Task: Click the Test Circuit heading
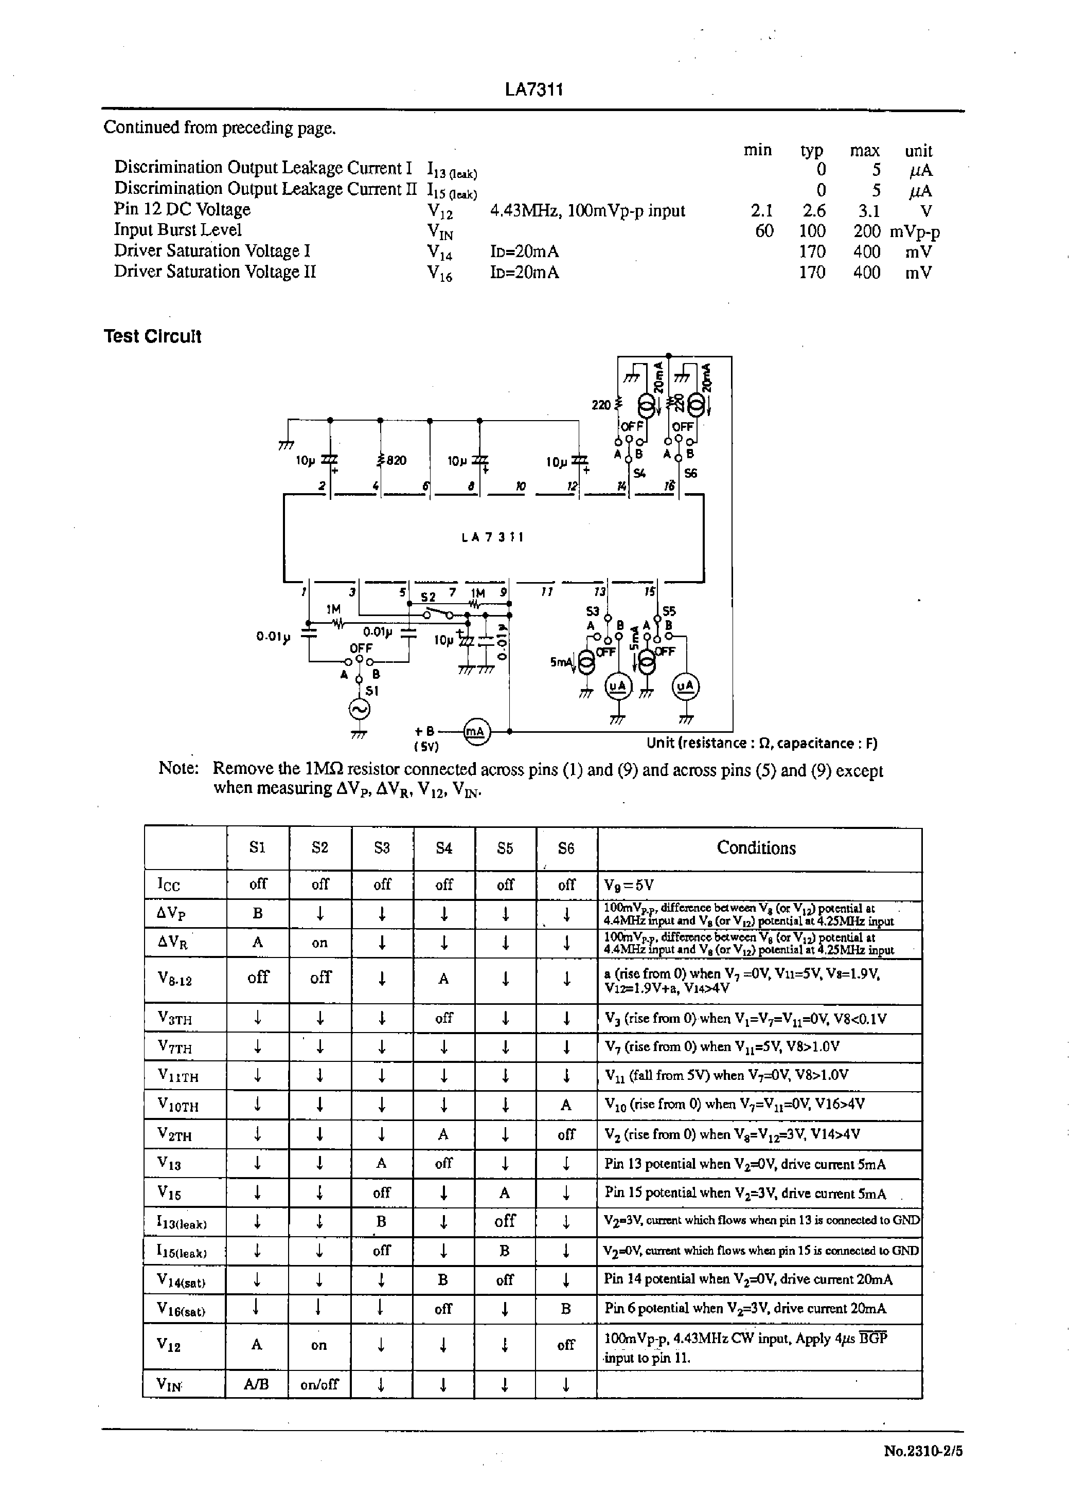(x=152, y=336)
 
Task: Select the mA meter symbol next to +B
(x=475, y=732)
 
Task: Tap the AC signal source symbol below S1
(x=359, y=709)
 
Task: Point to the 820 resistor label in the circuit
(x=395, y=460)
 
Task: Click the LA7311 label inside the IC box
(x=493, y=537)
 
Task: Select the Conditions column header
(x=756, y=848)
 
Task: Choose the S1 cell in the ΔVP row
(x=258, y=914)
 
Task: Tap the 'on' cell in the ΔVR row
(x=319, y=943)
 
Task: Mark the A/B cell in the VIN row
(x=256, y=1384)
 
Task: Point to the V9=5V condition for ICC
(x=629, y=885)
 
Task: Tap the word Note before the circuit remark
(x=178, y=768)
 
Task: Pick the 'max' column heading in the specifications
(x=864, y=151)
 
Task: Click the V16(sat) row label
(x=181, y=1310)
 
